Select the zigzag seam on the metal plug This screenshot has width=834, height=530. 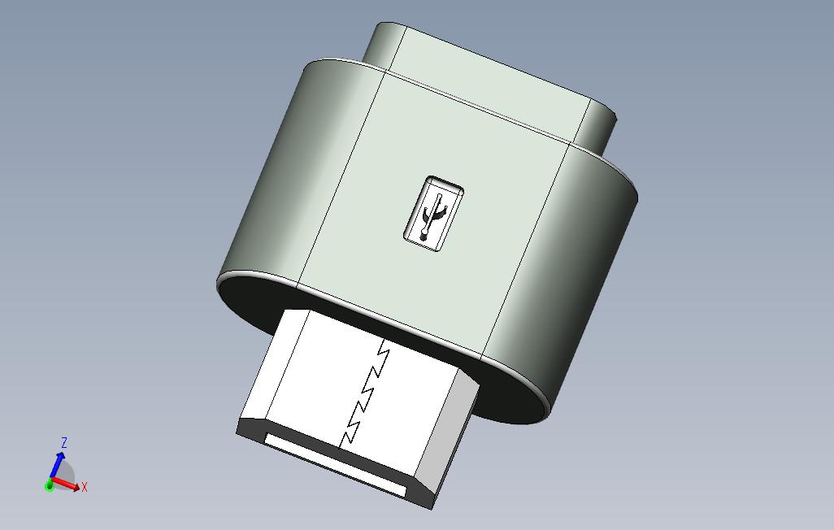click(x=367, y=390)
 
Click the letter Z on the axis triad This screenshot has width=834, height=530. click(x=64, y=442)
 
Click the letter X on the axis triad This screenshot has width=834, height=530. click(x=85, y=488)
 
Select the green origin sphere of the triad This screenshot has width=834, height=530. click(x=50, y=485)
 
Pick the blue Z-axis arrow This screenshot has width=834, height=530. click(x=58, y=466)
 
